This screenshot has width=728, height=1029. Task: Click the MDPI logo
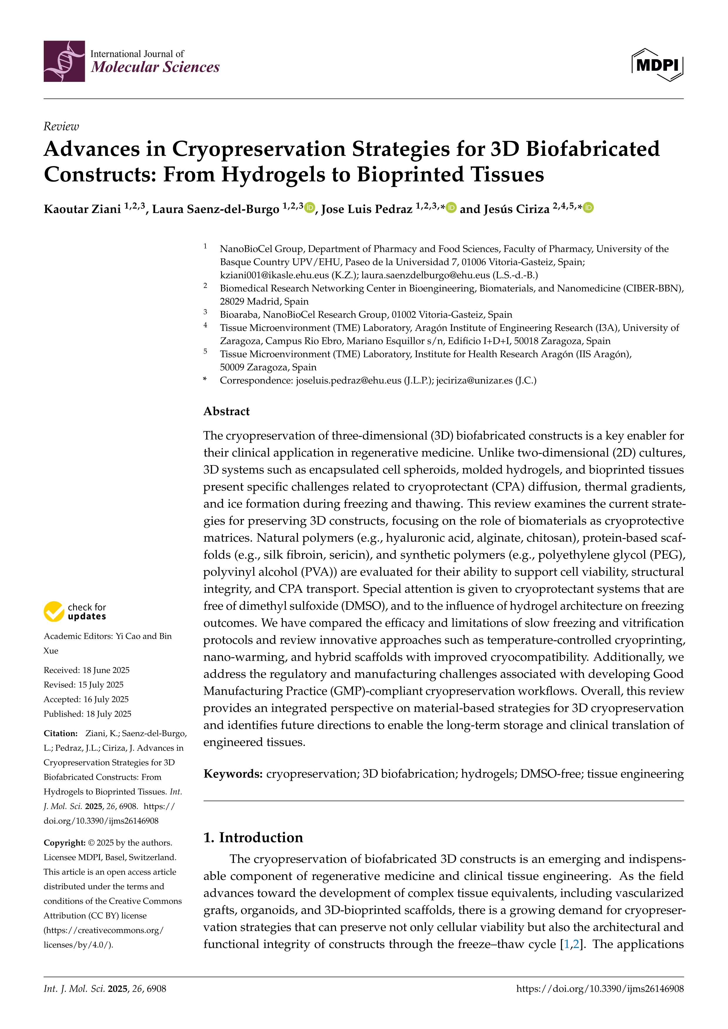point(657,65)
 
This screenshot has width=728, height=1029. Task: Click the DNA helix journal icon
point(64,61)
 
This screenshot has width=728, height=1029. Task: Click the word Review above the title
point(61,127)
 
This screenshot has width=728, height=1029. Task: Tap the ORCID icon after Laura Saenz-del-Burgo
point(309,207)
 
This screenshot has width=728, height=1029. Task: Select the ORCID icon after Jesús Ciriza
point(589,207)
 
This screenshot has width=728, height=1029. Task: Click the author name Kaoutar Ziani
point(82,209)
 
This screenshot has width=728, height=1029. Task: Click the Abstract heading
point(226,411)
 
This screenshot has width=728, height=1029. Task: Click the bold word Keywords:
point(233,774)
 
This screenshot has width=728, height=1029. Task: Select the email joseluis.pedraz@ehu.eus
point(348,381)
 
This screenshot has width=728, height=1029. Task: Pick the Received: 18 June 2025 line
point(87,670)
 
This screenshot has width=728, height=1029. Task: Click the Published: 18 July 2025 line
point(87,714)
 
